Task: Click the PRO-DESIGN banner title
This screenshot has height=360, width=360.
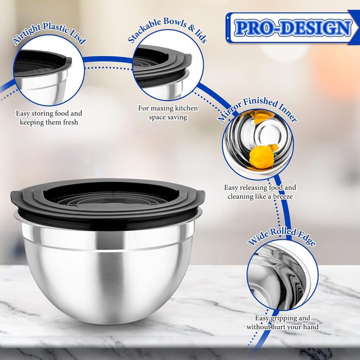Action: point(293,28)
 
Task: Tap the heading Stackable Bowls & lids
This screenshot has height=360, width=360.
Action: point(167,29)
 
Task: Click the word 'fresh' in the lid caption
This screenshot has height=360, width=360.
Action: point(70,122)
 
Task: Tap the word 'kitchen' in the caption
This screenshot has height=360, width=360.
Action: point(186,108)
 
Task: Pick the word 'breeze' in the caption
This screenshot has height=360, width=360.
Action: point(283,196)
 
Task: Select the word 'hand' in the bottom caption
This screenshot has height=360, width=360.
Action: point(311,327)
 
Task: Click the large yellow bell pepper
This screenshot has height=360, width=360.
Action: point(261,157)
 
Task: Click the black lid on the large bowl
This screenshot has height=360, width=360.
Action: point(107,203)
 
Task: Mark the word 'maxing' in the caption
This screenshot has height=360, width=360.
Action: point(162,108)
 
